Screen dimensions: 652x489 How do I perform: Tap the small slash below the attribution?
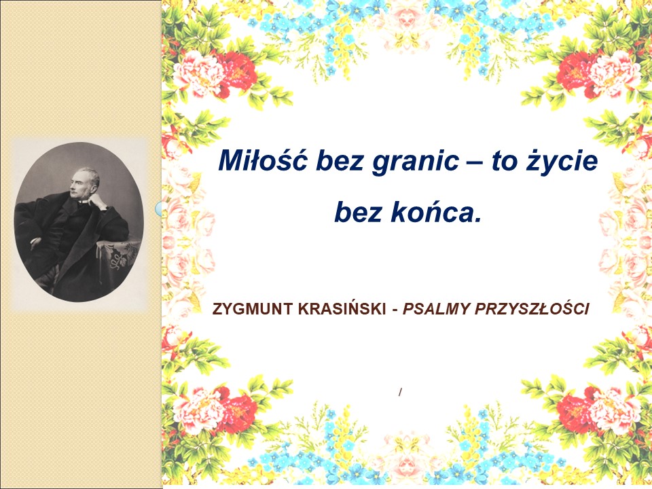click(x=400, y=392)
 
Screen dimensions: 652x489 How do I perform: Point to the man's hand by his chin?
click(x=97, y=202)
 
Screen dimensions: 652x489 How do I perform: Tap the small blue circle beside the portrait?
click(x=158, y=209)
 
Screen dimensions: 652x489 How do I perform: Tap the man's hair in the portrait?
click(x=90, y=175)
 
